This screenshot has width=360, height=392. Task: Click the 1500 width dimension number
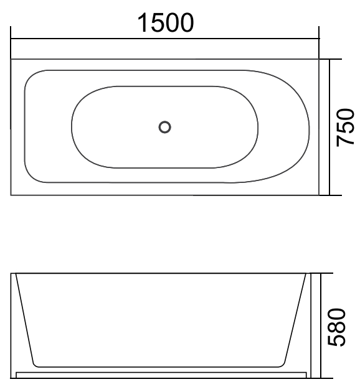coord(165,23)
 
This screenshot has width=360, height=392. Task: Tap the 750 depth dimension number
coord(345,128)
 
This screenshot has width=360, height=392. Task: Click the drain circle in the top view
coord(164,127)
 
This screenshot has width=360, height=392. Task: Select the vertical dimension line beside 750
coord(330,128)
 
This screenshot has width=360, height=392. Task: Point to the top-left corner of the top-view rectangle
coord(11,60)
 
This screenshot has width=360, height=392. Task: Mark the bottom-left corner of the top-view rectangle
coord(11,195)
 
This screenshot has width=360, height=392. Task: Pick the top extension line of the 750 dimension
coord(334,60)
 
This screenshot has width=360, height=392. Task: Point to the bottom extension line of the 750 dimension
coord(334,195)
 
